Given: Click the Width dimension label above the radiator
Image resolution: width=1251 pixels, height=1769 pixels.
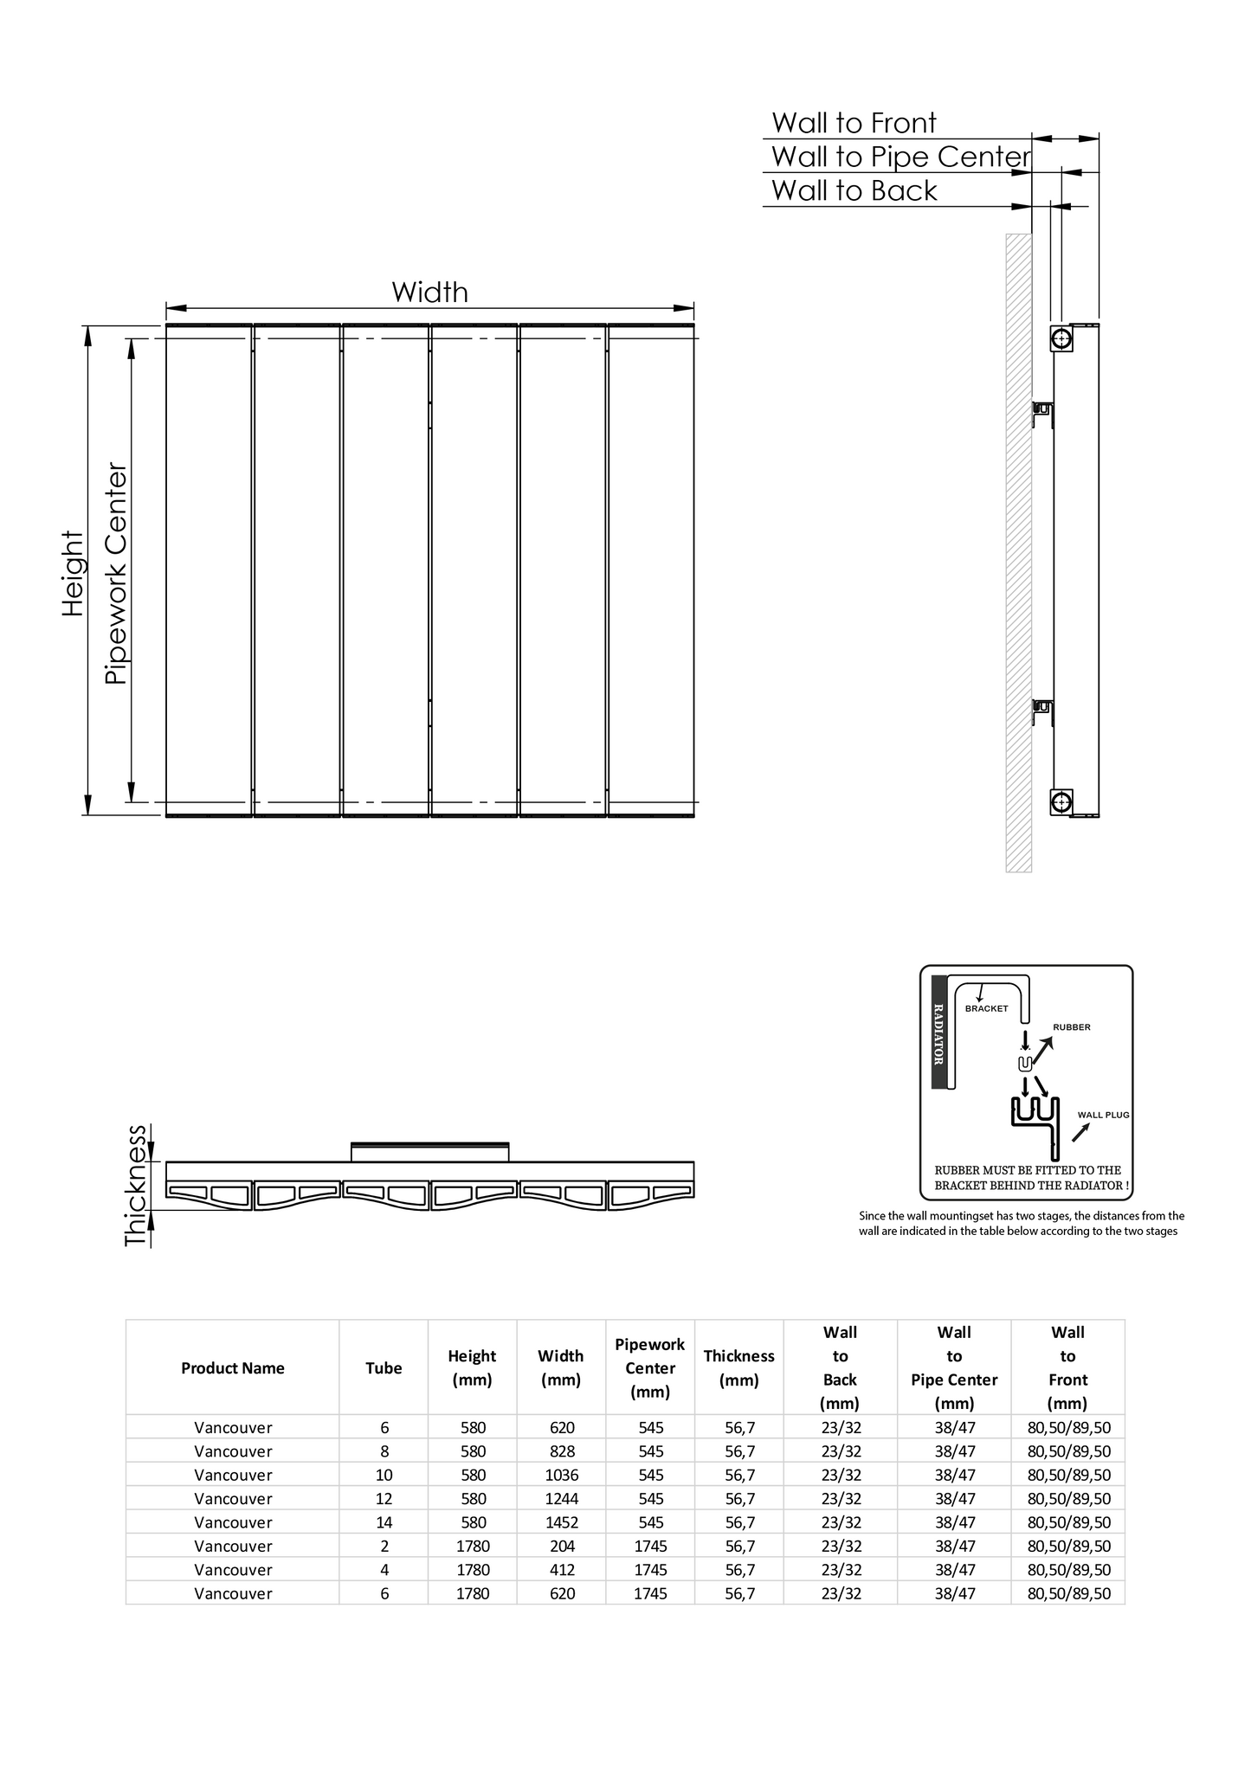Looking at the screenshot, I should coord(429,293).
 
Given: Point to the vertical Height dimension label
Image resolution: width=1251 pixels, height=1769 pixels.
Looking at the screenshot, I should coord(74,574).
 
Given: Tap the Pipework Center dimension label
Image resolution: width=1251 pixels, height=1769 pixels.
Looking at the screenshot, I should coord(116,575).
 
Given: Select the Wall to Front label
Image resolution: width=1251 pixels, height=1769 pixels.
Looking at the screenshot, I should coord(854,123).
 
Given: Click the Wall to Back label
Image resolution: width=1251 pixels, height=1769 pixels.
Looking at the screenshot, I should coord(854,190).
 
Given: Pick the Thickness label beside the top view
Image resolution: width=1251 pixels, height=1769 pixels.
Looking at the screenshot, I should coord(136,1185).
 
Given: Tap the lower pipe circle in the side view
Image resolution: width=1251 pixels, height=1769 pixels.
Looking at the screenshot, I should coord(1062,801).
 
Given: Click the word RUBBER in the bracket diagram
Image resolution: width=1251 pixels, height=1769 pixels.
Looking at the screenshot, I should coord(1071,1027).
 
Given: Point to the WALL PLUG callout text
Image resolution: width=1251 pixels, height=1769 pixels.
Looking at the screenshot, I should coord(1103,1115).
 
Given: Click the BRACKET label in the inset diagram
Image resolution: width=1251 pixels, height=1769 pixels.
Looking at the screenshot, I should coord(986,1008).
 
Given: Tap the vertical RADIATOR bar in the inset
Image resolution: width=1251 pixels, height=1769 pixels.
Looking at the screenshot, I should coord(938,1032).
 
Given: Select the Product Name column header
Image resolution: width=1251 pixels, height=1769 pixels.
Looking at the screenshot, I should coord(233,1368).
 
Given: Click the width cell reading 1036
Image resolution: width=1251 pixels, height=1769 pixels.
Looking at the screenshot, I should coord(561,1475).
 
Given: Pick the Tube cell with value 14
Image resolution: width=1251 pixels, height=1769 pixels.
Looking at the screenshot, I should coord(384,1522).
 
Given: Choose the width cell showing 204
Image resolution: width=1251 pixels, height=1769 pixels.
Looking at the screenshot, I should coord(561,1546).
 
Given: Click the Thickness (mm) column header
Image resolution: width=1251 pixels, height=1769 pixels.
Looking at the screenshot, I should coord(738,1368).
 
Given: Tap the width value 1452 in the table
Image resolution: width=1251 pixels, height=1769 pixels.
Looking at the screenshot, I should coord(561,1522).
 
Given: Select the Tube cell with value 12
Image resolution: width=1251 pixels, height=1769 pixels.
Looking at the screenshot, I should coord(384,1498).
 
